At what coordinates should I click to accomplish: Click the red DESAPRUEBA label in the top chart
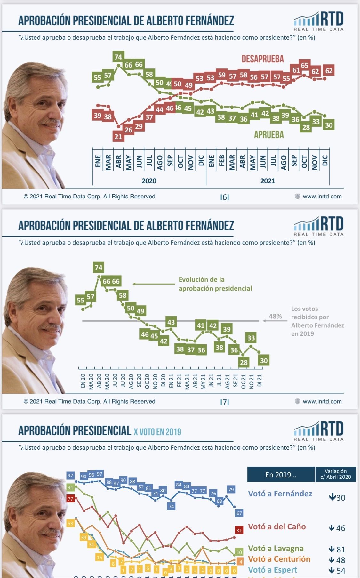262,59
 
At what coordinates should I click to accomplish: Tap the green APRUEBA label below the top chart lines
269,135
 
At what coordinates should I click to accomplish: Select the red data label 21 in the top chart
118,137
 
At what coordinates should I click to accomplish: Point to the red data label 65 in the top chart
304,65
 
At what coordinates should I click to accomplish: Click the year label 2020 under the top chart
149,181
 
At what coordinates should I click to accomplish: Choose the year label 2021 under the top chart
268,181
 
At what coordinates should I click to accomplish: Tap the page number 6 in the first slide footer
225,197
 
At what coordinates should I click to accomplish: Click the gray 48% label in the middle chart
275,317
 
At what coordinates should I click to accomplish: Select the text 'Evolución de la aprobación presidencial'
215,284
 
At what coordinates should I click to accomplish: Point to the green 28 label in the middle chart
244,362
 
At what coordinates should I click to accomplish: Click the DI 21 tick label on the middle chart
260,380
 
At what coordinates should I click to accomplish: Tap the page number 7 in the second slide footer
225,402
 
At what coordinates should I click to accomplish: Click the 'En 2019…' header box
281,475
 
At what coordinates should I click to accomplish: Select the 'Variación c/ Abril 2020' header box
335,474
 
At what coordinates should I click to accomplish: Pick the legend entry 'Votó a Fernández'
280,494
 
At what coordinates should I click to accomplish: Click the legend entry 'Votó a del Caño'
277,526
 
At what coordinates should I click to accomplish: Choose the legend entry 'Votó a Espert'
273,570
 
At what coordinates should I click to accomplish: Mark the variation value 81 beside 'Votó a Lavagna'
340,550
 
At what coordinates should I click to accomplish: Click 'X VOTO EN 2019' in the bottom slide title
157,432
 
